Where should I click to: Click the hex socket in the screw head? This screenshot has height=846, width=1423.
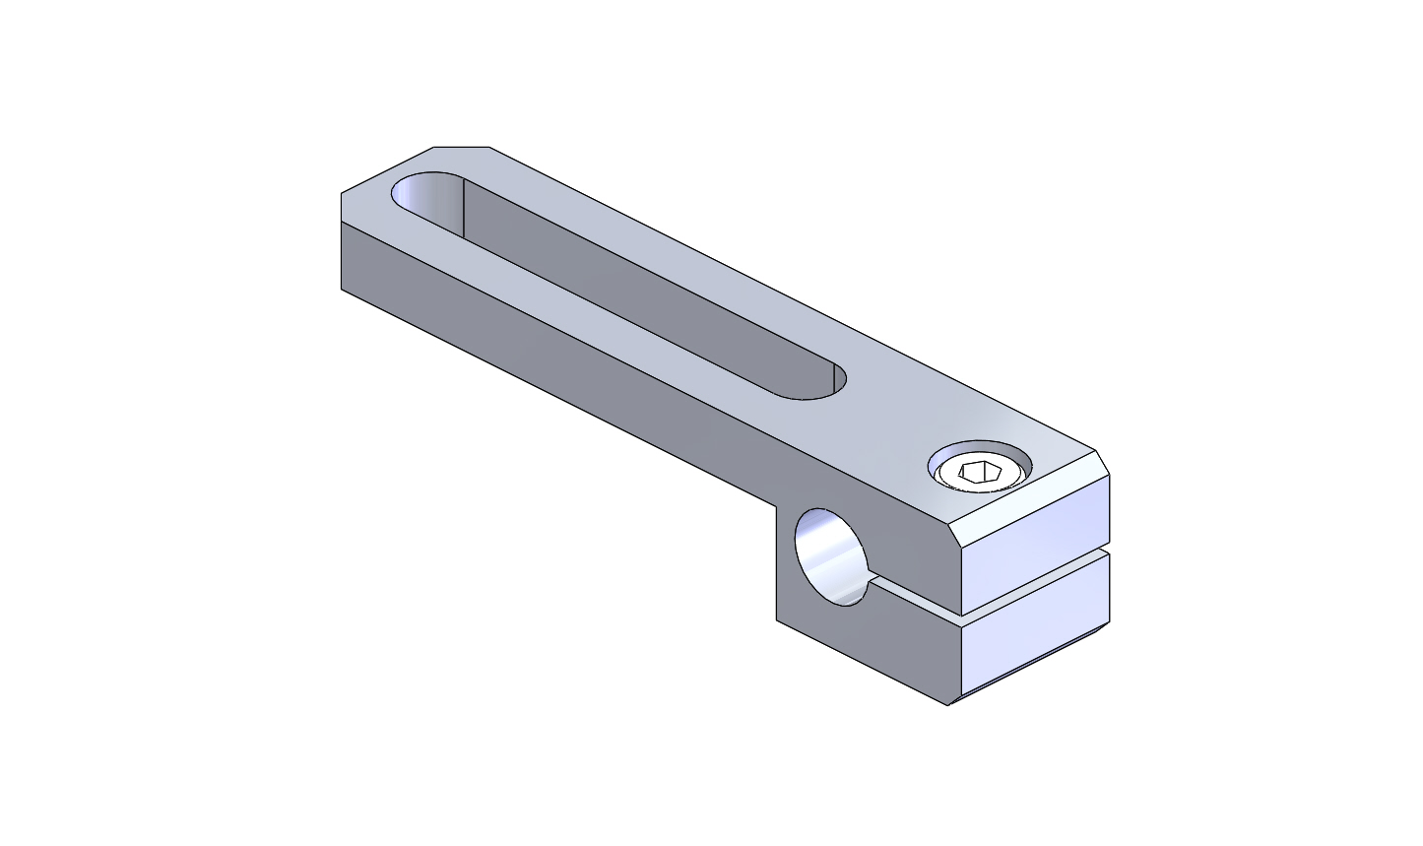(980, 473)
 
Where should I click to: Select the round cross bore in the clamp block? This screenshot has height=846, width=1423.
(830, 557)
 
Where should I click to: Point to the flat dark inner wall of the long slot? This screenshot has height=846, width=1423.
(640, 286)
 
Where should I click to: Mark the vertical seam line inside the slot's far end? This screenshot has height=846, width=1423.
(464, 209)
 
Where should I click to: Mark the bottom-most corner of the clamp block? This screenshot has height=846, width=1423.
(948, 705)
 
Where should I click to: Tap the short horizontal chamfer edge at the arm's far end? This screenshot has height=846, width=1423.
(462, 147)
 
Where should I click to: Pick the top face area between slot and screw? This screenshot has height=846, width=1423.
(886, 414)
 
